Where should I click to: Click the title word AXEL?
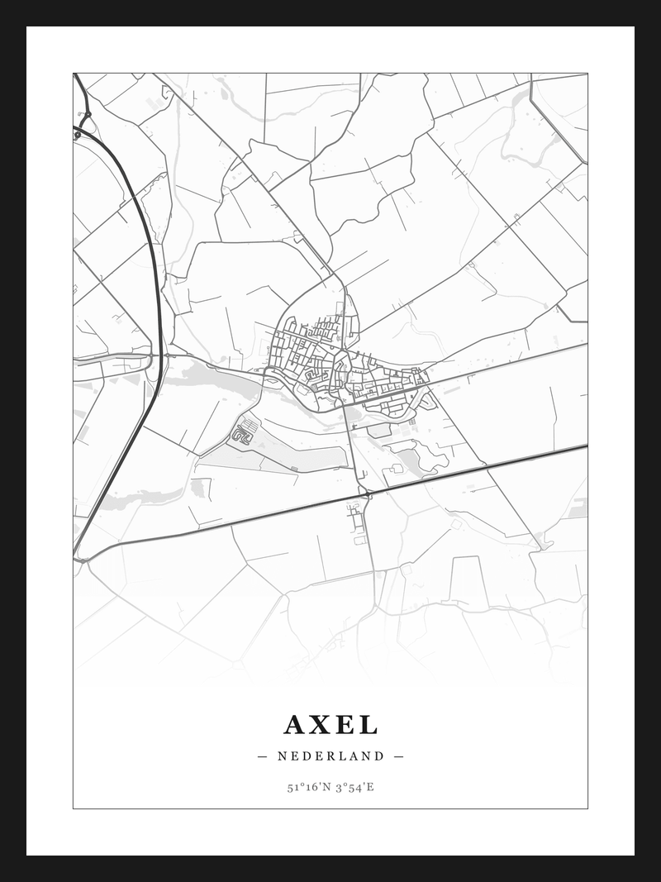[330, 725]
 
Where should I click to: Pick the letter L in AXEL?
[369, 725]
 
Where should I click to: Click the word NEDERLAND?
[330, 756]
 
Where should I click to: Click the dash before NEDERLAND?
[263, 756]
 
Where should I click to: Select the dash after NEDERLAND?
[398, 756]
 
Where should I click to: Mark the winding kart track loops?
[242, 433]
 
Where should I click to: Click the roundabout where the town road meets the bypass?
[365, 493]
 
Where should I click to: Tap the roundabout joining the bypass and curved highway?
[83, 560]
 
